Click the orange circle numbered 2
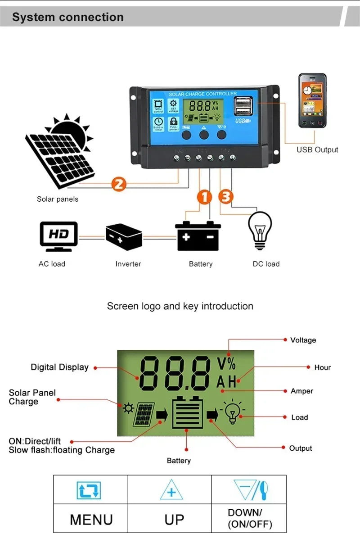[x=118, y=184]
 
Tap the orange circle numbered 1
[x=204, y=197]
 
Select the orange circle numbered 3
[x=226, y=197]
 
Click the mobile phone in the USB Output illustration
[x=312, y=101]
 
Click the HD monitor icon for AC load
[x=58, y=236]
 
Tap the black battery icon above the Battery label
[x=198, y=236]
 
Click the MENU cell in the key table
[x=91, y=519]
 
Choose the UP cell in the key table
[x=174, y=519]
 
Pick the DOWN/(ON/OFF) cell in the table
[x=250, y=518]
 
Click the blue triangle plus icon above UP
[x=171, y=490]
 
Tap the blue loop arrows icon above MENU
[x=89, y=490]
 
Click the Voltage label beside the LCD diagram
[x=303, y=340]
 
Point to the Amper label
[x=301, y=391]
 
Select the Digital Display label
[x=59, y=367]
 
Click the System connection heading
[x=67, y=17]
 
